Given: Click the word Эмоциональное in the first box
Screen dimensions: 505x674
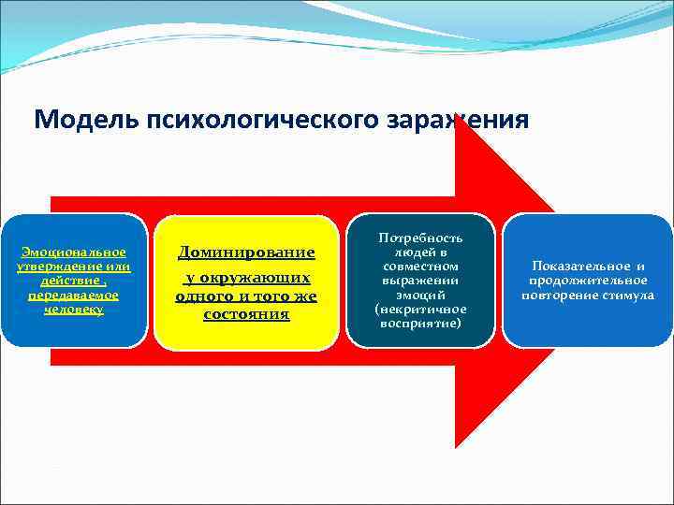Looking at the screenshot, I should (x=74, y=252).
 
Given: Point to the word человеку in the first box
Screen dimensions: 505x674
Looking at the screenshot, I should (x=74, y=309).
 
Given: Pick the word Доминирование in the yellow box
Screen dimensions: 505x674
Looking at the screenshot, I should (x=246, y=252).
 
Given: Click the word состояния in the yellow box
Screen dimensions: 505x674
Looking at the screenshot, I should (x=246, y=314).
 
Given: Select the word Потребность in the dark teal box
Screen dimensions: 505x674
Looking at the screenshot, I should (x=420, y=238).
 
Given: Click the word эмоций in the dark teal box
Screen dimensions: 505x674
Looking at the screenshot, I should (x=420, y=295).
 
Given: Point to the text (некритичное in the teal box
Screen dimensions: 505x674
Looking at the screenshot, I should (x=420, y=309).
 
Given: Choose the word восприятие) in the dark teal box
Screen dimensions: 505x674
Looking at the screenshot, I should (x=420, y=323).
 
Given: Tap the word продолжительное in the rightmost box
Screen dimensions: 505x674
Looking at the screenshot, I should (x=588, y=281).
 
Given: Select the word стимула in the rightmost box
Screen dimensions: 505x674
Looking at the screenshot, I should (x=630, y=296).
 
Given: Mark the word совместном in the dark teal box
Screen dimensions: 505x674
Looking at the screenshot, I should (x=420, y=267).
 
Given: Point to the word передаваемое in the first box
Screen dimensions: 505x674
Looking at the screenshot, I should (x=74, y=295).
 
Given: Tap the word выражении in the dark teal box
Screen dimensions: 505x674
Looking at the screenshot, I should (x=420, y=281).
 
